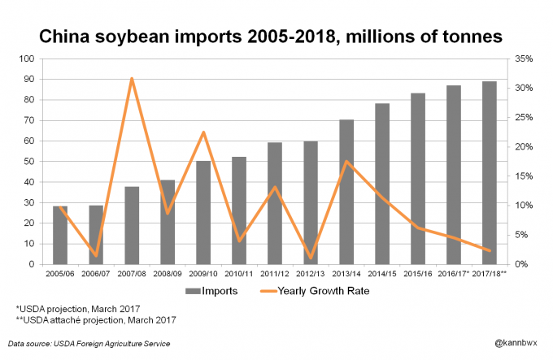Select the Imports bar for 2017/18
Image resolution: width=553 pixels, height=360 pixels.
click(490, 172)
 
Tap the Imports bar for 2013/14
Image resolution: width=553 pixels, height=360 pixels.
click(346, 192)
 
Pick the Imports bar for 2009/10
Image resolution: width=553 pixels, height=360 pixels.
click(203, 212)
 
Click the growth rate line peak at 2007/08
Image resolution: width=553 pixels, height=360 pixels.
click(132, 79)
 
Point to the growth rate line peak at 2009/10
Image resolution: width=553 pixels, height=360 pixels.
click(203, 132)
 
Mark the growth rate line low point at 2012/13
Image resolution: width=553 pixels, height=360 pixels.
click(311, 258)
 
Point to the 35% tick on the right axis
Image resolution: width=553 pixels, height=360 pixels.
click(523, 59)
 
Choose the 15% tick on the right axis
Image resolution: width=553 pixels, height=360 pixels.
click(523, 176)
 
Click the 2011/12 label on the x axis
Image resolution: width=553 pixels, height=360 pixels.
click(275, 273)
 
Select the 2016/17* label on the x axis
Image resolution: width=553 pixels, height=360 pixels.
click(455, 273)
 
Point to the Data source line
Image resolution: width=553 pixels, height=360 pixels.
click(89, 344)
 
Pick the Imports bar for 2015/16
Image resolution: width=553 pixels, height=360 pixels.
click(418, 179)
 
